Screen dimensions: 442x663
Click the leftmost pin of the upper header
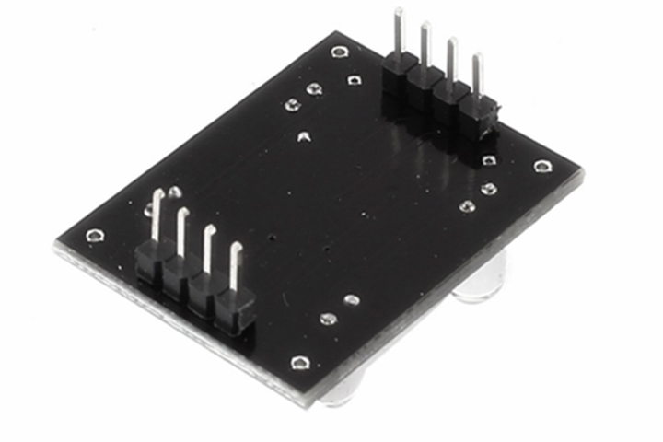tap(400, 32)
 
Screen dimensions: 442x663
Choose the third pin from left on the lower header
tap(209, 249)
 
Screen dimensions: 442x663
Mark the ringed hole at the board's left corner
tap(95, 236)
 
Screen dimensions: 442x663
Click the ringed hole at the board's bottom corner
tap(297, 362)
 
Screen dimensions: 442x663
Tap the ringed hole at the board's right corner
tap(542, 167)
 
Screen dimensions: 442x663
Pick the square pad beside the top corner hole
tap(353, 80)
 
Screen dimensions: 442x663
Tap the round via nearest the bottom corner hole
tap(328, 319)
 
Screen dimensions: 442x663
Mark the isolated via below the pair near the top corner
tap(303, 138)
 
